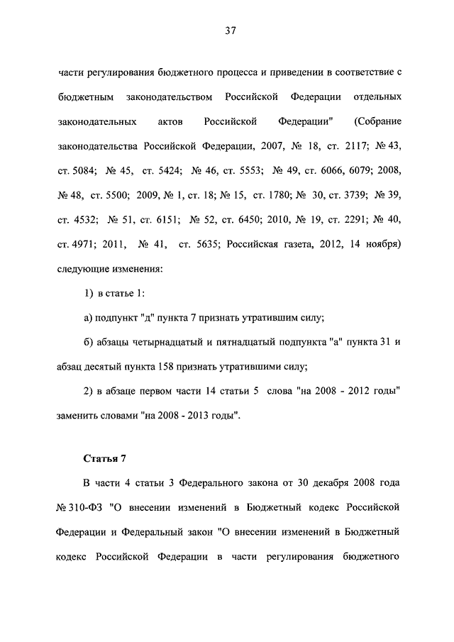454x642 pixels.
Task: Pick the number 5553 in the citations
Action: (x=248, y=171)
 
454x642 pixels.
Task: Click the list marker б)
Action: (x=89, y=343)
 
